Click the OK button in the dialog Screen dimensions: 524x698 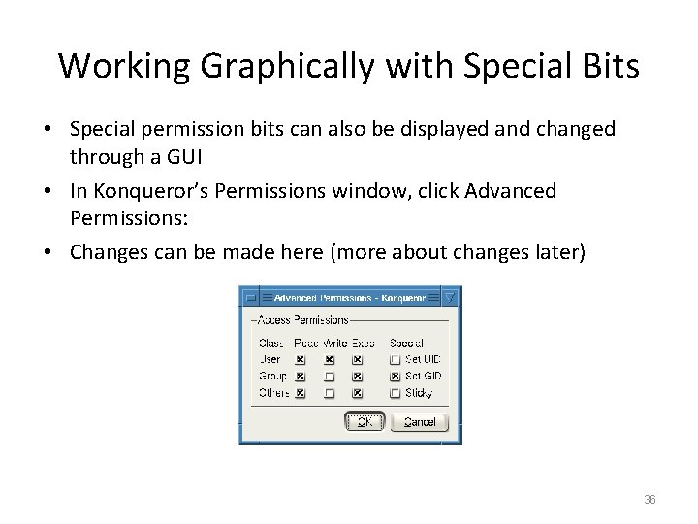tap(365, 421)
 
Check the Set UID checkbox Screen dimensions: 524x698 tap(396, 359)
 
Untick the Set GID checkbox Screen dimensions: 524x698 tap(396, 376)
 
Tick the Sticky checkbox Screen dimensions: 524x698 tap(396, 392)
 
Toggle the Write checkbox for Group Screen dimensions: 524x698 tap(330, 376)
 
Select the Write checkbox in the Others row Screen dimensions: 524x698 tap(330, 392)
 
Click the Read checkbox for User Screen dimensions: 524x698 tap(301, 359)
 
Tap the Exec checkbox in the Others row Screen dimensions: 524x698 tap(358, 392)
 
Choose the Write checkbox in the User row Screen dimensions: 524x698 tap(330, 359)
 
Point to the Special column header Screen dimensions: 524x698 tap(406, 343)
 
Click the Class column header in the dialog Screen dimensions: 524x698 tap(271, 343)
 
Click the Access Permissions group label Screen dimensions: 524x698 tap(300, 319)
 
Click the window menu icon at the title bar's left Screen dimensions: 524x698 tap(250, 297)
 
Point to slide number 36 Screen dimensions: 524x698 tap(650, 499)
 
